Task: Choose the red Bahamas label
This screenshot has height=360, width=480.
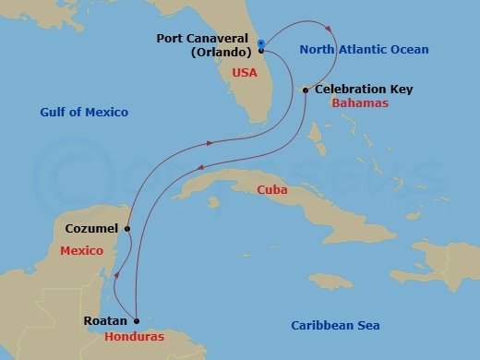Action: [x=359, y=104]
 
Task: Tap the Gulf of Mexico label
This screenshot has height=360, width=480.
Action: [x=84, y=112]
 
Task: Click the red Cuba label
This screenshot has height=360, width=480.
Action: [x=271, y=189]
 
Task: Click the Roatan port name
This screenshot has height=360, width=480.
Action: [x=103, y=321]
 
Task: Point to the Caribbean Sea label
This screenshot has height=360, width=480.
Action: [x=335, y=325]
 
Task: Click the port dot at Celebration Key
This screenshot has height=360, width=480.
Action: [x=306, y=90]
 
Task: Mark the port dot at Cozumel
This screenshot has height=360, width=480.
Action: [x=126, y=228]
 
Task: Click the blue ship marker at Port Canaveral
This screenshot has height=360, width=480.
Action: [x=262, y=43]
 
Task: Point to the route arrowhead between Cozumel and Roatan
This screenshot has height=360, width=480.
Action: [x=116, y=278]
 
